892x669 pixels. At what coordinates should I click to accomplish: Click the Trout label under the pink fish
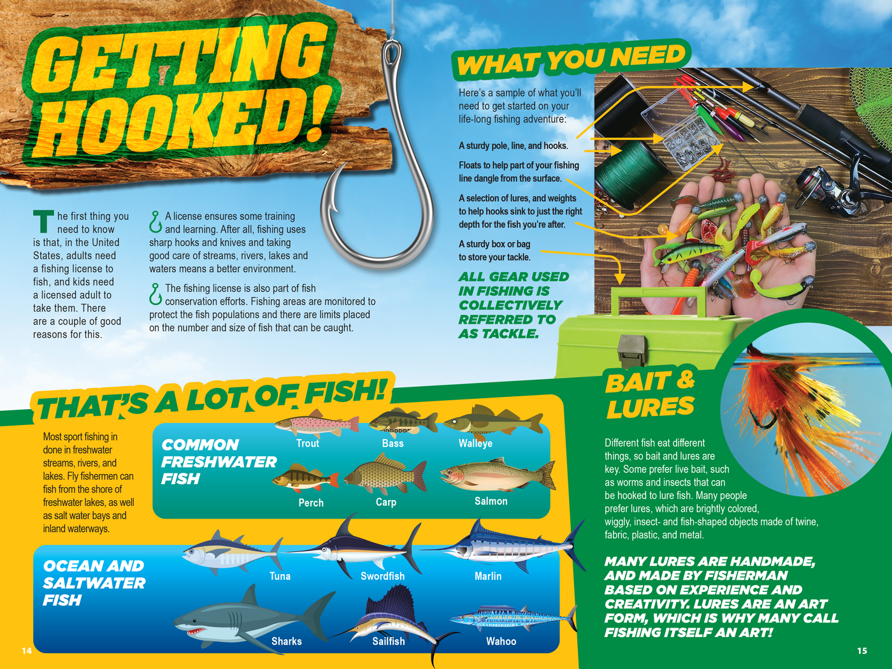click(x=308, y=443)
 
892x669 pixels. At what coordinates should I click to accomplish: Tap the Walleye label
click(x=475, y=443)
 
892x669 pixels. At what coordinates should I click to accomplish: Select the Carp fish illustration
click(x=385, y=475)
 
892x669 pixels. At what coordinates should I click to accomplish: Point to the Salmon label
click(x=491, y=501)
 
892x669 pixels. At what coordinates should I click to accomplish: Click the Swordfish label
click(x=382, y=576)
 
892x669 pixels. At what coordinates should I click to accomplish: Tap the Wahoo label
click(x=501, y=641)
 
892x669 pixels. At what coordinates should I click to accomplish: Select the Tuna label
click(x=280, y=576)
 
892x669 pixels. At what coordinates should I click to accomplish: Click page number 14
click(x=27, y=651)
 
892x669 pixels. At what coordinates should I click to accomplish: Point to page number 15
click(x=861, y=651)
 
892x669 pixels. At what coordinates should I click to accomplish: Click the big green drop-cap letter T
click(x=43, y=221)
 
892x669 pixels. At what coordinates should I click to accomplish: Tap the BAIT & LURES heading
click(x=650, y=395)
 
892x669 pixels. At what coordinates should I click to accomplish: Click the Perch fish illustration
click(x=305, y=478)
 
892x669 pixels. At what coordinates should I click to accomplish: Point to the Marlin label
click(x=488, y=576)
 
